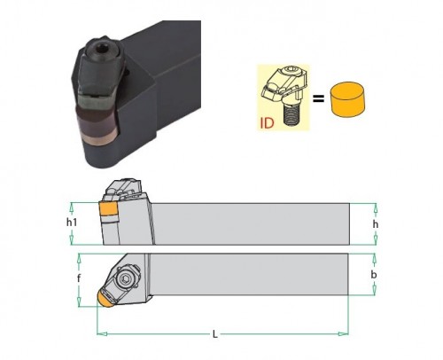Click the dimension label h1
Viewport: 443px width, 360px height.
[x=72, y=222]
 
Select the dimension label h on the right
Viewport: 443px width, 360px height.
[x=376, y=224]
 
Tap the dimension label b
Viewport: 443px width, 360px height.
[x=374, y=275]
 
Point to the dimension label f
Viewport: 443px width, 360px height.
[x=79, y=278]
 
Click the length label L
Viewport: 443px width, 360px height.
[x=215, y=334]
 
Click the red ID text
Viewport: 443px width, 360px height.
[x=267, y=123]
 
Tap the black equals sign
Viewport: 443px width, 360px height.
[x=318, y=98]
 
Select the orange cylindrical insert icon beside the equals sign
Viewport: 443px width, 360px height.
[x=347, y=99]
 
